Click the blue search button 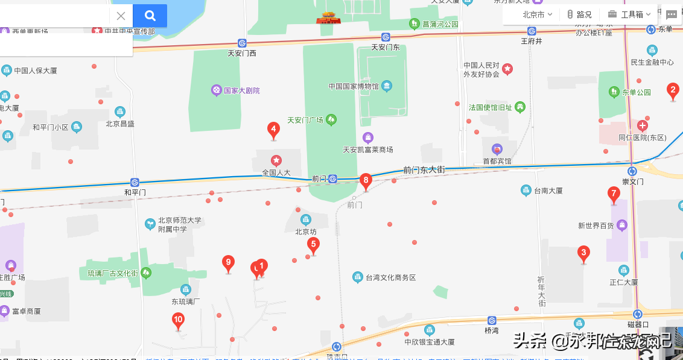[150, 16]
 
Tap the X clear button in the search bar [121, 16]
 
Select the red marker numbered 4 [273, 129]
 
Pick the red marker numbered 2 [673, 91]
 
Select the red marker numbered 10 [178, 320]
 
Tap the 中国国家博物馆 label [354, 86]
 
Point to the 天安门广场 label [305, 120]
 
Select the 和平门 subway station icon [135, 182]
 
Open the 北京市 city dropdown [537, 14]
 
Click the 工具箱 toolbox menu [631, 14]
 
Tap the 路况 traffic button [579, 14]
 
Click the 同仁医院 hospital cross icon [642, 126]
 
